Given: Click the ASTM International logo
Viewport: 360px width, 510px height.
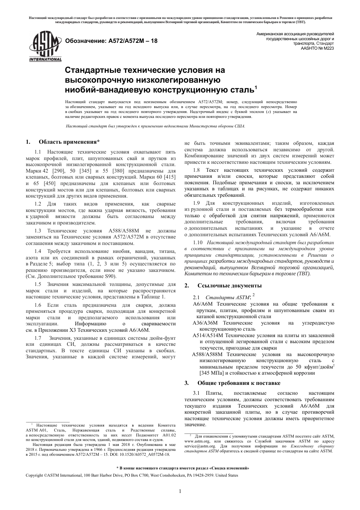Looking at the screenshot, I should [x=45, y=48].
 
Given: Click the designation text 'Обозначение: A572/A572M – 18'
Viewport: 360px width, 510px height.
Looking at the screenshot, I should [x=111, y=41].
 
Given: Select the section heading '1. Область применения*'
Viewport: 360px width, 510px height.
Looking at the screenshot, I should [x=63, y=142].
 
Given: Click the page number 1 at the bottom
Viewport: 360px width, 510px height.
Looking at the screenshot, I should [x=180, y=491].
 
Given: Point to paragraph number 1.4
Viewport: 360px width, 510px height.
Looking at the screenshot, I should [x=38, y=251].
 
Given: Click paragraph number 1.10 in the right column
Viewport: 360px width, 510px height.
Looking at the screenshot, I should [x=198, y=242].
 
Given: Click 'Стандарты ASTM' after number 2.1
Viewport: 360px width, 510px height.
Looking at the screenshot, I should [x=227, y=298].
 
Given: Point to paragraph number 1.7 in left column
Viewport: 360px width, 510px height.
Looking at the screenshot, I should [x=38, y=338].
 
